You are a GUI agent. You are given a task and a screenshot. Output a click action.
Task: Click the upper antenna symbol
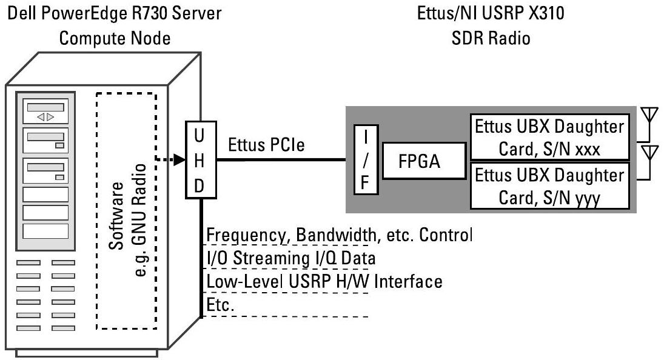(649, 115)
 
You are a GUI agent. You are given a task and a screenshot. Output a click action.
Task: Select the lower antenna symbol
(649, 152)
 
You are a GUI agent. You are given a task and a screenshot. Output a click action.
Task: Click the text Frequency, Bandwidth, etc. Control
(339, 235)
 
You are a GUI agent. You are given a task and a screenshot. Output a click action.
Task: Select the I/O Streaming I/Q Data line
(291, 258)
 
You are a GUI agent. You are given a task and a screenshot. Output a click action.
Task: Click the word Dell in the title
(21, 12)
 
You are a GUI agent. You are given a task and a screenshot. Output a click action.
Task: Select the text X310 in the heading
(544, 12)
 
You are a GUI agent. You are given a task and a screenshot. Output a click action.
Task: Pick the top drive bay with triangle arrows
(46, 114)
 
